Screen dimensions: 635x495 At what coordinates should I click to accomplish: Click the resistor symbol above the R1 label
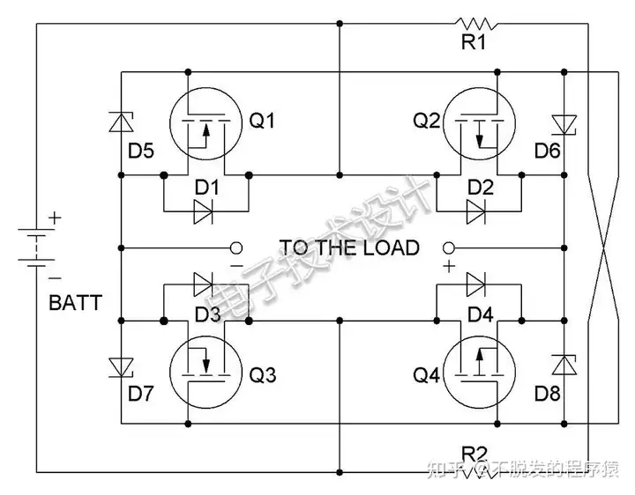pyautogui.click(x=476, y=24)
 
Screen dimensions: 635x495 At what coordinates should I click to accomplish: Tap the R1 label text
pyautogui.click(x=474, y=41)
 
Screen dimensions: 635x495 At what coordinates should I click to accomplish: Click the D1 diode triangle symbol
pyautogui.click(x=203, y=211)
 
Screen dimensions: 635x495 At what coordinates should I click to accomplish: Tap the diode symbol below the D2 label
pyautogui.click(x=476, y=211)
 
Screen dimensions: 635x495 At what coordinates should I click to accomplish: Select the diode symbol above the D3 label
pyautogui.click(x=203, y=284)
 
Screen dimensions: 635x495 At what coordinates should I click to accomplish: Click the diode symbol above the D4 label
pyautogui.click(x=476, y=284)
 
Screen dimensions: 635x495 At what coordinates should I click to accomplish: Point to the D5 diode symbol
pyautogui.click(x=121, y=122)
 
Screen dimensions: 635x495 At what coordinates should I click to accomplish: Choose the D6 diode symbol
pyautogui.click(x=564, y=125)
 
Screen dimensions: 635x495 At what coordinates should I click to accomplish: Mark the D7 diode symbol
pyautogui.click(x=121, y=368)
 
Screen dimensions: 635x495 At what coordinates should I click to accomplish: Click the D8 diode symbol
pyautogui.click(x=564, y=365)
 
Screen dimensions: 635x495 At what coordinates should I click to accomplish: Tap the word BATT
pyautogui.click(x=75, y=303)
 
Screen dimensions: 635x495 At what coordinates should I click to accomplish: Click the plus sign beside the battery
pyautogui.click(x=55, y=218)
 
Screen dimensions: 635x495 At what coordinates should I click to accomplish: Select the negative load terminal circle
pyautogui.click(x=236, y=247)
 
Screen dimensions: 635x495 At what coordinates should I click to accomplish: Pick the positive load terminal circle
pyautogui.click(x=449, y=247)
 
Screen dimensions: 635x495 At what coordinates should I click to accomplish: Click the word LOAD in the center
pyautogui.click(x=391, y=247)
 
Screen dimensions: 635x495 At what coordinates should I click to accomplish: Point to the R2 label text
pyautogui.click(x=474, y=454)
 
